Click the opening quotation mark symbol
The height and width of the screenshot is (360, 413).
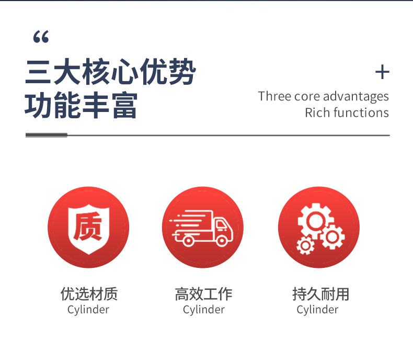pos(40,37)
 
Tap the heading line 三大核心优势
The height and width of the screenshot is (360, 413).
pos(110,73)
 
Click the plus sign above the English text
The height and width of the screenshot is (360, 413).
pos(383,72)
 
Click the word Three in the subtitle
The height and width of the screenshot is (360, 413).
pos(274,96)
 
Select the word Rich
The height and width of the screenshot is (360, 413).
pos(316,113)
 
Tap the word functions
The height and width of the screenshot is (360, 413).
pos(361,113)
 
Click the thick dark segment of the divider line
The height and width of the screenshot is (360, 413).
pos(47,135)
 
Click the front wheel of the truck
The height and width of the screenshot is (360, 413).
pos(222,241)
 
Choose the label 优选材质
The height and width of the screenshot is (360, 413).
pos(89,294)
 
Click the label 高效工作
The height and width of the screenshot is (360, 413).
pos(203,294)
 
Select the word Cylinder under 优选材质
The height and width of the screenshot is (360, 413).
pos(88,310)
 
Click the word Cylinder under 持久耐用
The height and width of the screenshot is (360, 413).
pos(317,310)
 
